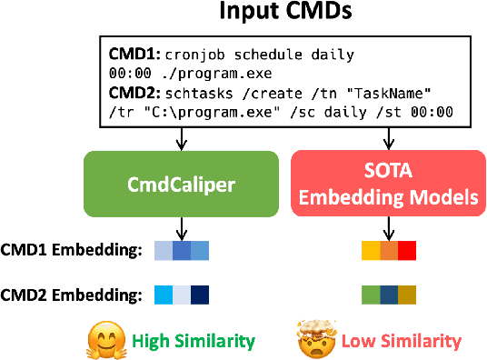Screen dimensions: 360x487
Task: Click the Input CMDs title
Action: click(x=243, y=15)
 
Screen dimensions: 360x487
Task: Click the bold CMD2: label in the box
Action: click(x=133, y=92)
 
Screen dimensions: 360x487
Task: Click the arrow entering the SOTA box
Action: click(x=390, y=137)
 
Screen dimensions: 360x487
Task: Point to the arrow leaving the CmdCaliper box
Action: click(x=182, y=227)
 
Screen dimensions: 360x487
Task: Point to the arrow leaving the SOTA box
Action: click(x=390, y=227)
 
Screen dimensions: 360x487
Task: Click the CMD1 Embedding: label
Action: click(x=72, y=251)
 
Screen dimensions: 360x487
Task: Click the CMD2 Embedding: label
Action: click(x=72, y=295)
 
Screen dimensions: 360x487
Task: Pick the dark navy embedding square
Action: click(x=200, y=295)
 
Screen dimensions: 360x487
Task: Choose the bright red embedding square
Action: click(x=406, y=251)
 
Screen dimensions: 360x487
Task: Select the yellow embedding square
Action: click(x=371, y=251)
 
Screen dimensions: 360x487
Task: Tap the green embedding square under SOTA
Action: click(x=371, y=295)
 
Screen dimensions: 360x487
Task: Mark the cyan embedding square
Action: click(x=164, y=295)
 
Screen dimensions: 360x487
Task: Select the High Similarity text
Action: click(x=194, y=341)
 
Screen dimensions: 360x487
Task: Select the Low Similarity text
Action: click(x=401, y=341)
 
